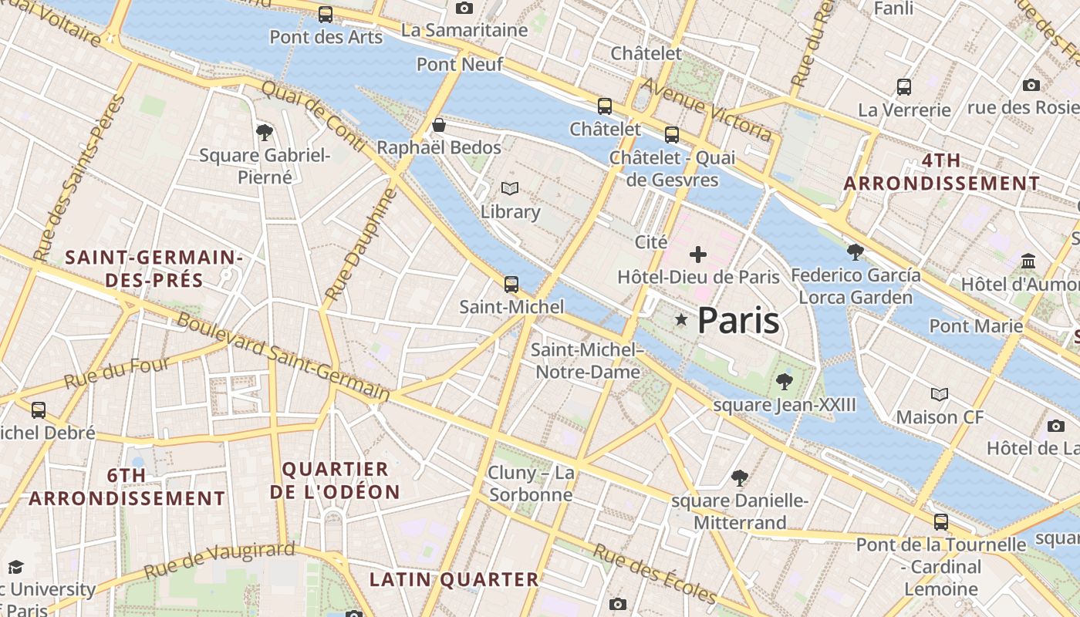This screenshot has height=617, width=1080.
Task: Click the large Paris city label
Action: coord(738,321)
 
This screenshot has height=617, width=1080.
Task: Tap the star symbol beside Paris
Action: coord(681,319)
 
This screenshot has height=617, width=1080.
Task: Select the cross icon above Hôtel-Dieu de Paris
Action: coord(698,254)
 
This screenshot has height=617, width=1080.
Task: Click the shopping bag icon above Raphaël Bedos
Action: coord(439,125)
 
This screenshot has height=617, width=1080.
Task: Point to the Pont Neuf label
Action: coord(460,64)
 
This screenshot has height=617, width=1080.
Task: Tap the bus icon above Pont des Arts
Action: coord(326,15)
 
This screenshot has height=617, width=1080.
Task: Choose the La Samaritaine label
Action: coord(464,30)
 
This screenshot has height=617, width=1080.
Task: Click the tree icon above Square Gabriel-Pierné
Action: coord(265,132)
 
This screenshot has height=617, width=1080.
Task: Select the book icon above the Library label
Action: coord(509,188)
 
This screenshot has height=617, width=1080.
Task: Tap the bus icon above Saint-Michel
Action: coord(511,284)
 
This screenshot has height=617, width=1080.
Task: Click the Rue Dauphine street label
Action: coord(360,244)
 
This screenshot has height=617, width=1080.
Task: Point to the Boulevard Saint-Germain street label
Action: coord(283,356)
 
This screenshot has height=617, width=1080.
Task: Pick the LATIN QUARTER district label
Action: coord(454,579)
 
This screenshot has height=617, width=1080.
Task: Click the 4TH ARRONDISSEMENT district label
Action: coord(941,172)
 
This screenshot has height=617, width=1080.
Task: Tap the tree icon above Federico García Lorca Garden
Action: coord(855,251)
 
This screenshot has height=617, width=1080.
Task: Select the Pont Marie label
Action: coord(976,325)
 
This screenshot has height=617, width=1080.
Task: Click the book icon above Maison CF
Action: coord(939,395)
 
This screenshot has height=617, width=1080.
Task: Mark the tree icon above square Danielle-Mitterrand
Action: coord(739,477)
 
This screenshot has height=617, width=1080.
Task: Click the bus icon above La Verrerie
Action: coord(904,86)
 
